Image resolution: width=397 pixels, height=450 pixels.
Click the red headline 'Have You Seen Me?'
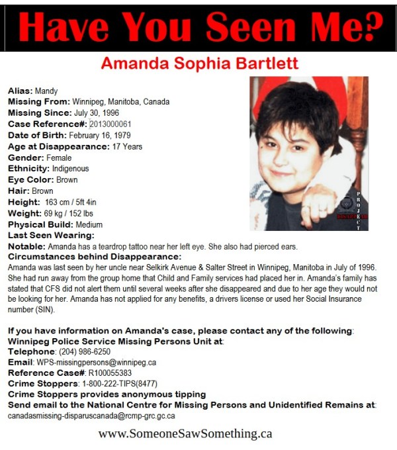(x=198, y=27)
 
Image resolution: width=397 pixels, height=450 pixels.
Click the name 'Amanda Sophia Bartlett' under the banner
(x=199, y=64)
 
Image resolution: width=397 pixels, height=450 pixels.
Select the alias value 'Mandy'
(x=46, y=91)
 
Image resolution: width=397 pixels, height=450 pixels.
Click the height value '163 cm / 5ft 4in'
(x=73, y=202)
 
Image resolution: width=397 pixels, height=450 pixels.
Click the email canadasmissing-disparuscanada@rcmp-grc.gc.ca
(x=91, y=416)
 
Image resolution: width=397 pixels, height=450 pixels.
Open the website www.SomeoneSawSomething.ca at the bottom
(x=185, y=434)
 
